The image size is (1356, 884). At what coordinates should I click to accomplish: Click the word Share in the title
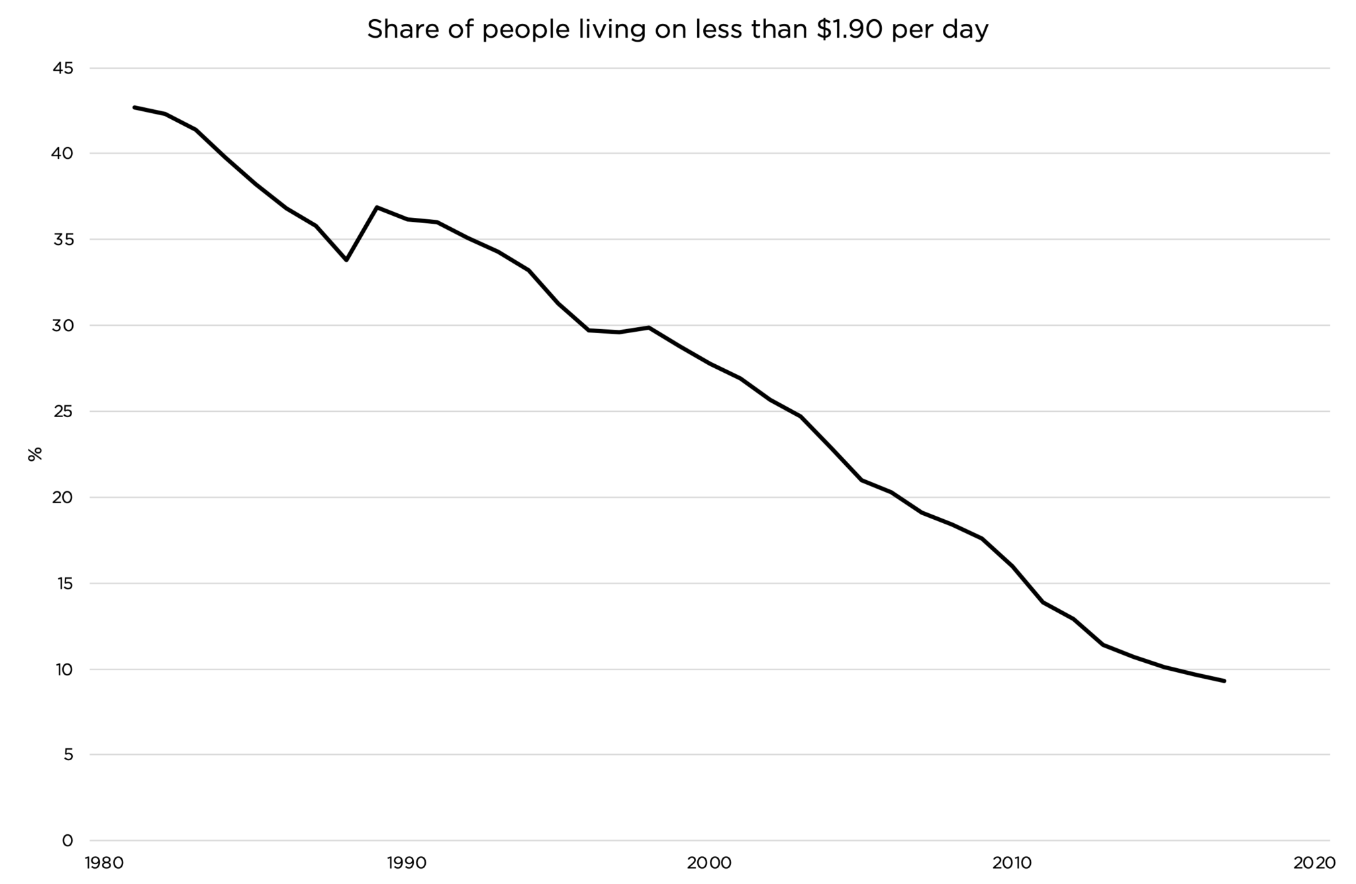(396, 29)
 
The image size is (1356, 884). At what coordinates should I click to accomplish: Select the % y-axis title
(35, 454)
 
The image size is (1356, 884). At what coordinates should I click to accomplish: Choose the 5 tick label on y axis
(68, 754)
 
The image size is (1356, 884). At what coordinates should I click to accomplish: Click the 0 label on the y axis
(68, 840)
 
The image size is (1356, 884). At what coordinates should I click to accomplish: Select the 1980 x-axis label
(104, 863)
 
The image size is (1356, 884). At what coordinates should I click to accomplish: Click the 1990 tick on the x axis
(407, 863)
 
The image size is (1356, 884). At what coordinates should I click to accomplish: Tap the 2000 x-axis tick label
(709, 863)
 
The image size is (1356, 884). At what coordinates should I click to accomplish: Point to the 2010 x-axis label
(1012, 863)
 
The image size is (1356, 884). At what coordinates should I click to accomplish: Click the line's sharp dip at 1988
(346, 260)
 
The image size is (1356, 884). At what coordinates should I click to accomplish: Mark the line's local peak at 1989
(377, 207)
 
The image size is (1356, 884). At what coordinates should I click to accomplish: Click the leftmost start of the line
(134, 107)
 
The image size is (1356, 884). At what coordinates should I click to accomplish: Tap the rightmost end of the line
(1224, 681)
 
